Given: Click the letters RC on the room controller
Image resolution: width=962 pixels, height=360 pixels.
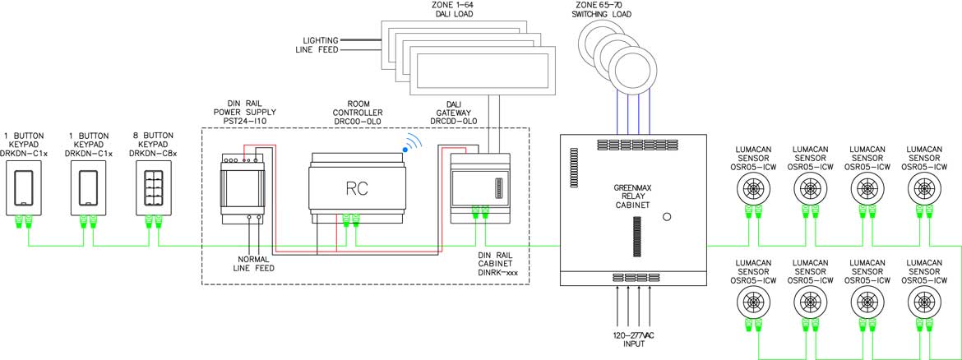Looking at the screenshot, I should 357,188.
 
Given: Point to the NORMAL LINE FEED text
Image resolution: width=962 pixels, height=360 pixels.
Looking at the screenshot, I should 252,263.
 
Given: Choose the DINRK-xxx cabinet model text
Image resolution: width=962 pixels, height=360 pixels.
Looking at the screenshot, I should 499,271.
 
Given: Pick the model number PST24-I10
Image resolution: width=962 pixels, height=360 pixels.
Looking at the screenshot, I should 243,120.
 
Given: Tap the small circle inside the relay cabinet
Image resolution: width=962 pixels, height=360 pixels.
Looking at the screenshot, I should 667,218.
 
